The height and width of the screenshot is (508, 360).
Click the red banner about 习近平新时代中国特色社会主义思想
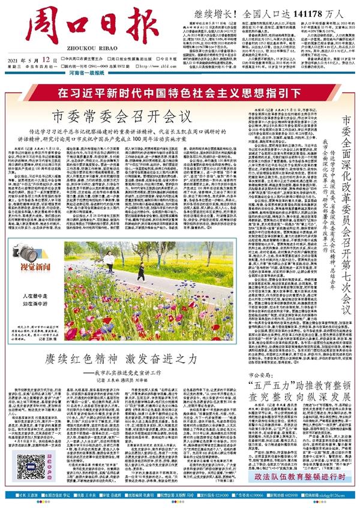pyautogui.click(x=180, y=93)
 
